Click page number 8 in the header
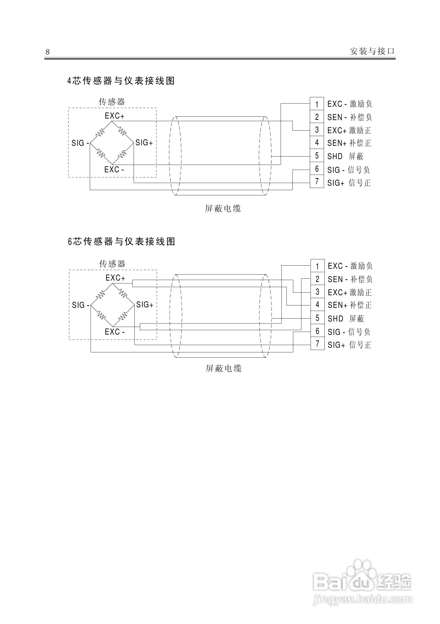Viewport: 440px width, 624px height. [x=48, y=52]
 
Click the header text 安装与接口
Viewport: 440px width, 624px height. [x=372, y=51]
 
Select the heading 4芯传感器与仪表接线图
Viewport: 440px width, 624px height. [x=121, y=81]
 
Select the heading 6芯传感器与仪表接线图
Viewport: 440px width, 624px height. [x=121, y=241]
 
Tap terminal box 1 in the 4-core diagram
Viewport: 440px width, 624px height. [x=317, y=104]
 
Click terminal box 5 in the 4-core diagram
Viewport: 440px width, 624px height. [x=317, y=156]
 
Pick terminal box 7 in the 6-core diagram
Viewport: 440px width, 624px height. [x=317, y=344]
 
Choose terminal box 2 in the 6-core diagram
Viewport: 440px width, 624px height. [x=317, y=279]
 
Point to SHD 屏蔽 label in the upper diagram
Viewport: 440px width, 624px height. [x=345, y=156]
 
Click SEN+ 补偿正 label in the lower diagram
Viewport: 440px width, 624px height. [x=350, y=305]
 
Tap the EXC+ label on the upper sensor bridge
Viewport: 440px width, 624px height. [x=114, y=116]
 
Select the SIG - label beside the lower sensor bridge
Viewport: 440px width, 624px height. [x=81, y=305]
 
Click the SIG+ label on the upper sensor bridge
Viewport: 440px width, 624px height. [x=144, y=143]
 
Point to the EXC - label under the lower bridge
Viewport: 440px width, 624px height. [x=114, y=332]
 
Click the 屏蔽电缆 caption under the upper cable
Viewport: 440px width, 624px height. [x=223, y=208]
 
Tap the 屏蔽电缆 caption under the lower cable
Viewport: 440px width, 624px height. [x=223, y=369]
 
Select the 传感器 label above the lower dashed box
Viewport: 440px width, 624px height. [x=112, y=263]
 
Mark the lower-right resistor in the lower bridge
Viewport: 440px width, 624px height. [x=123, y=316]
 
